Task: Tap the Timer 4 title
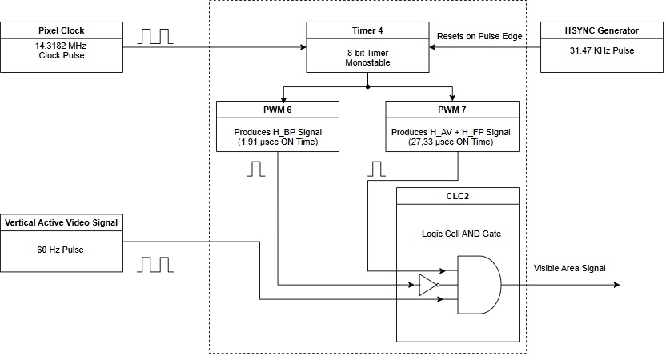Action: [x=368, y=30]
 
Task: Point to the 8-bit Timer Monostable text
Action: [x=368, y=58]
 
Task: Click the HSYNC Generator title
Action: [x=602, y=30]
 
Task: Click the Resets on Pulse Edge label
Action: [x=479, y=36]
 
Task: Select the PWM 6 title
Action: [x=278, y=108]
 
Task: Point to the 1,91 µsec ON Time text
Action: [x=278, y=142]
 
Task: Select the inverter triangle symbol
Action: [x=427, y=285]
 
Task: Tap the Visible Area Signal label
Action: [x=569, y=268]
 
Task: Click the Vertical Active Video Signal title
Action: [x=61, y=222]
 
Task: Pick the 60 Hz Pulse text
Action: [x=61, y=249]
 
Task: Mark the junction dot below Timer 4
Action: [x=367, y=86]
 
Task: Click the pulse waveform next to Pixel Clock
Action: [x=156, y=36]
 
